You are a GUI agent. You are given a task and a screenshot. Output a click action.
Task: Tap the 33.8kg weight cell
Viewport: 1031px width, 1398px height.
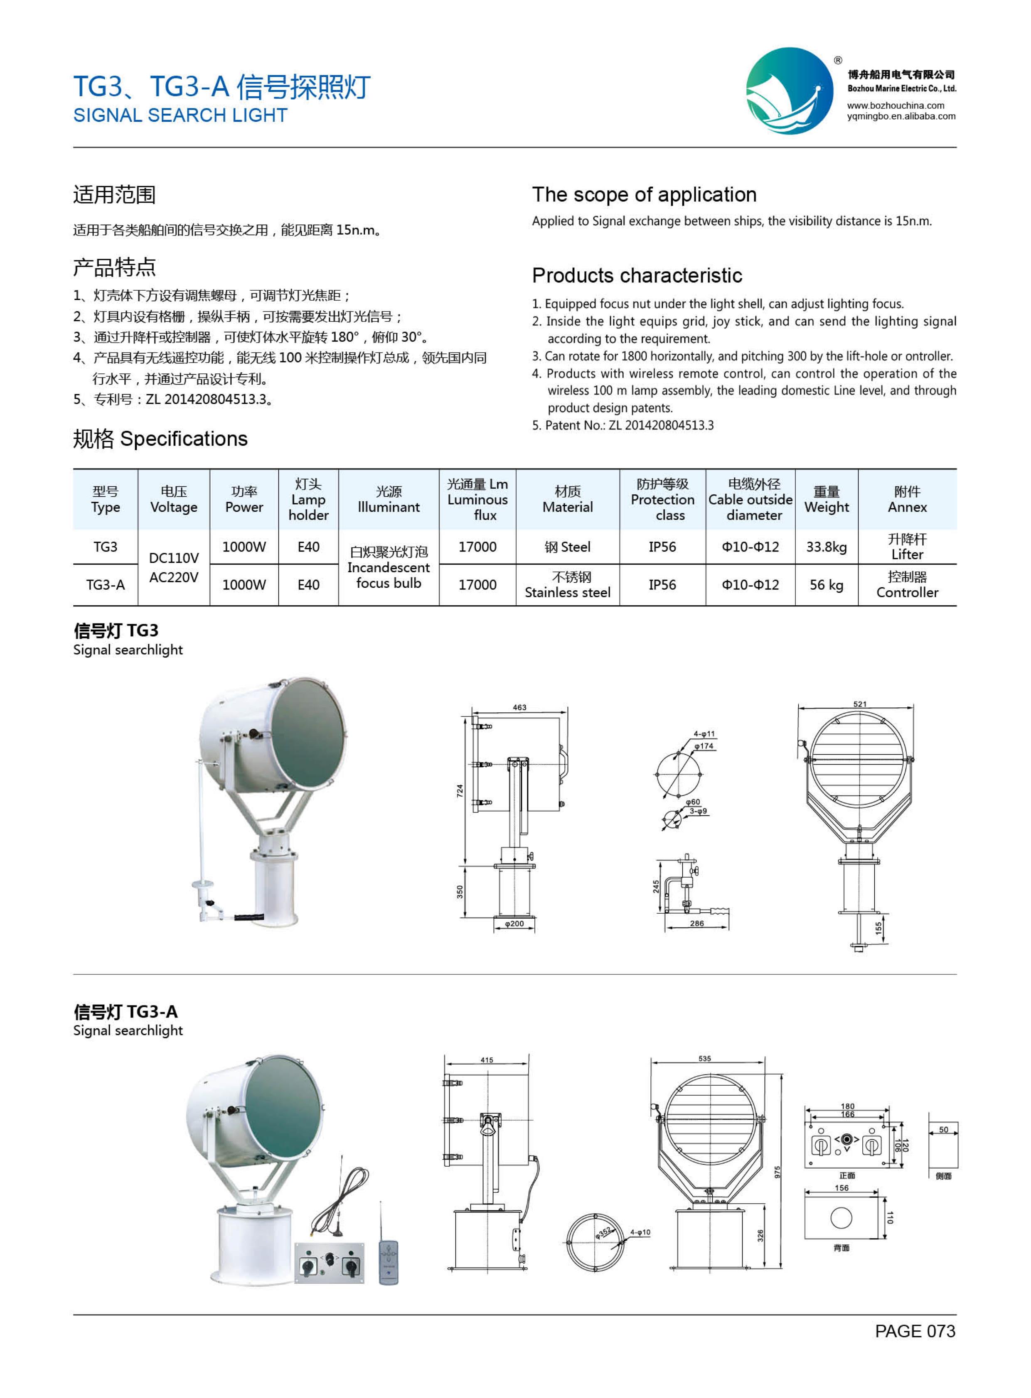(x=826, y=547)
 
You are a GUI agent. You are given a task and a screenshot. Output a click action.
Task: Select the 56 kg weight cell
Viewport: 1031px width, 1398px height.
(x=826, y=585)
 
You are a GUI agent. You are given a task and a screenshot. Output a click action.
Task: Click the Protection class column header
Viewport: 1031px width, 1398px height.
(x=662, y=500)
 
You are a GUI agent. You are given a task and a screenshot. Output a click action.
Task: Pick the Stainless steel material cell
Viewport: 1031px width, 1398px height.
(x=567, y=585)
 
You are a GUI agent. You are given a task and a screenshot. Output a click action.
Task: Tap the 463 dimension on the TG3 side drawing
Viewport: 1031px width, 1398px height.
(x=519, y=707)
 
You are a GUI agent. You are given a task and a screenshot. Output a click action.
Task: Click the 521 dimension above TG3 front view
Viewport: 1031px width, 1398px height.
(x=859, y=704)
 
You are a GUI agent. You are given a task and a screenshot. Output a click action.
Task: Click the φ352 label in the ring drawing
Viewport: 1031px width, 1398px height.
(x=603, y=1232)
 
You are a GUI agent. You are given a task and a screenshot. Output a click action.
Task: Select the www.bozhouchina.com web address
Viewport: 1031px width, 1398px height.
(x=896, y=105)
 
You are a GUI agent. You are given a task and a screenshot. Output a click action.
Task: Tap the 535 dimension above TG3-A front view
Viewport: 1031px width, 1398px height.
(x=705, y=1059)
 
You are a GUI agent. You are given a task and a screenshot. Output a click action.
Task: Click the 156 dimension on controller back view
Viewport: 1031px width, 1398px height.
(x=841, y=1188)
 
